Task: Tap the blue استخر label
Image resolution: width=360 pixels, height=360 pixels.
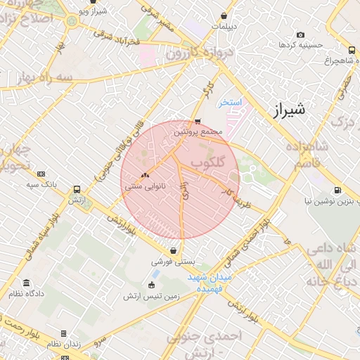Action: click(x=229, y=103)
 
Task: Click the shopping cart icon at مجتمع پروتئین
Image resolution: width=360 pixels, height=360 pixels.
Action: click(x=198, y=121)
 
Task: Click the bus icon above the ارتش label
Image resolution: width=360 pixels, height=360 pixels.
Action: click(x=77, y=189)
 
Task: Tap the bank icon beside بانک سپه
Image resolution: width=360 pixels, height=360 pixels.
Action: click(x=41, y=174)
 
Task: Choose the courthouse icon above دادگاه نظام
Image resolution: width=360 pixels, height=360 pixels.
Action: click(x=27, y=283)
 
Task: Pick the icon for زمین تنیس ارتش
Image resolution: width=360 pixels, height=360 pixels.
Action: click(x=152, y=285)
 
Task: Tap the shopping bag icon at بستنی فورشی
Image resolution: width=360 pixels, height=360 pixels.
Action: click(x=173, y=251)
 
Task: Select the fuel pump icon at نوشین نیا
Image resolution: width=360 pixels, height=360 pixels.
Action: click(x=338, y=190)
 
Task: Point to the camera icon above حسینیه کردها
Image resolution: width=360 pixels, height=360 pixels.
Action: click(x=300, y=35)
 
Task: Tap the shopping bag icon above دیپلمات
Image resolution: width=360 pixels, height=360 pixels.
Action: click(x=224, y=15)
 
